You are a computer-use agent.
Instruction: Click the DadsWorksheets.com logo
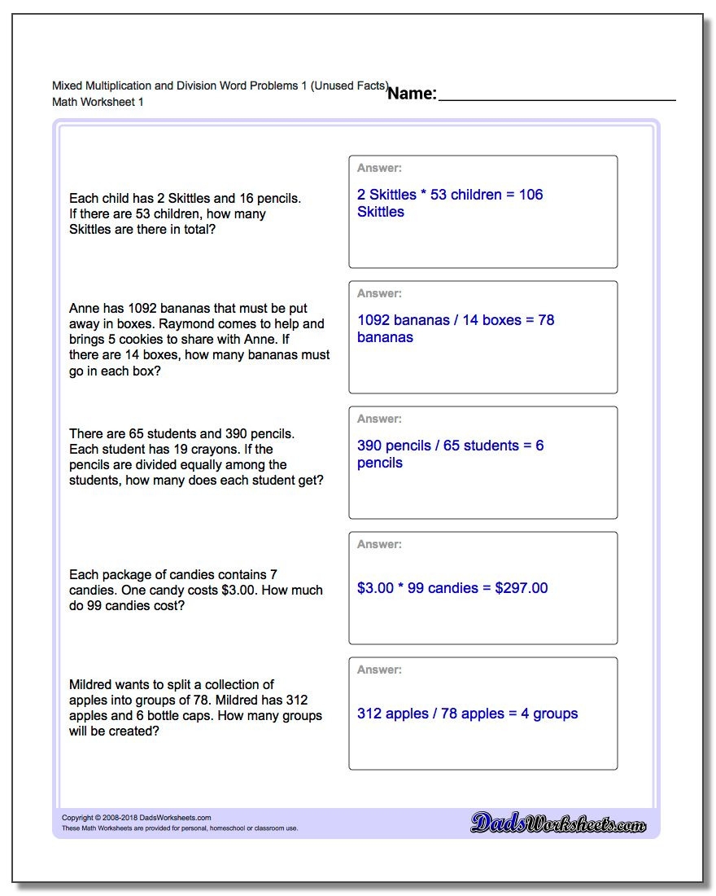pos(558,824)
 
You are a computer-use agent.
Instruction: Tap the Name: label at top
pos(412,94)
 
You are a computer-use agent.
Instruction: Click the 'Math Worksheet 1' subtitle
pos(98,103)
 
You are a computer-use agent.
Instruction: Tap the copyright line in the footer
pos(136,818)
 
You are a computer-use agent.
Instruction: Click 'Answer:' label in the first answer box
pos(379,169)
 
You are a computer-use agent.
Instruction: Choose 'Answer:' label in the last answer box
pos(379,670)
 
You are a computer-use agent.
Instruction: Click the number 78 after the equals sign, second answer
pos(546,320)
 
